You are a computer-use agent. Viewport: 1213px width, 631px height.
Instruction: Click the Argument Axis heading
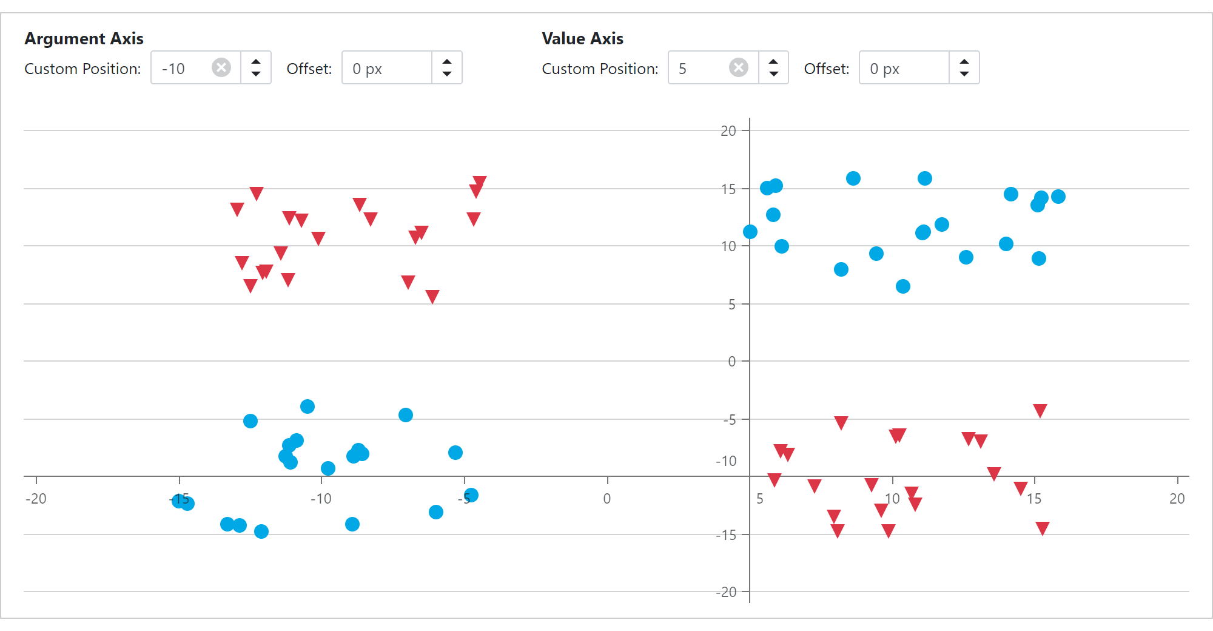click(84, 39)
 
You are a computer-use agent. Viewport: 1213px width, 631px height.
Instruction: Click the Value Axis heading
click(582, 39)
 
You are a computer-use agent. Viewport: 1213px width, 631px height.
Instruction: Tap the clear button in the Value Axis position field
click(738, 67)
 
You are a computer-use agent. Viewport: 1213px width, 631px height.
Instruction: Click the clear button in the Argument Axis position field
click(221, 67)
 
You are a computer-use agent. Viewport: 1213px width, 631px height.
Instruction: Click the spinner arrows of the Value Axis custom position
click(773, 67)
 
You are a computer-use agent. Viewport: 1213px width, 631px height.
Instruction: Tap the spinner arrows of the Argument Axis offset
click(447, 67)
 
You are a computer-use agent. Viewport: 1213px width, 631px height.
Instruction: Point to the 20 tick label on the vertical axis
click(728, 131)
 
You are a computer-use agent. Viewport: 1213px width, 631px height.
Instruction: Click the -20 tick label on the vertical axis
click(726, 592)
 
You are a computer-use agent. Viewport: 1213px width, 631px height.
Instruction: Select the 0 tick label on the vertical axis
click(731, 362)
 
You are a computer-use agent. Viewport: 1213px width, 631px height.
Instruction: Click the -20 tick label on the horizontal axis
click(36, 499)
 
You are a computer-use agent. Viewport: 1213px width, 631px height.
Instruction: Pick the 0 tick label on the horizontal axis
click(607, 499)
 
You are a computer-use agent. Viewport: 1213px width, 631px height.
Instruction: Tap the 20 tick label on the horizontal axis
click(1177, 499)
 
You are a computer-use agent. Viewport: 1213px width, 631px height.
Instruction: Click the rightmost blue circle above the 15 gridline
click(1058, 197)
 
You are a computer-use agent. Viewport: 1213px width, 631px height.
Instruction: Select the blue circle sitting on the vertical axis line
click(750, 232)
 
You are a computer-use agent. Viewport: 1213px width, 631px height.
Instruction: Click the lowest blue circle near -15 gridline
click(261, 531)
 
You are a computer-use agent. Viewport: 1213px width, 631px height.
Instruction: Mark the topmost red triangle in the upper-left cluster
click(480, 181)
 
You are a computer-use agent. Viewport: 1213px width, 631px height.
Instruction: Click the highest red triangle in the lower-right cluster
click(1040, 411)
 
